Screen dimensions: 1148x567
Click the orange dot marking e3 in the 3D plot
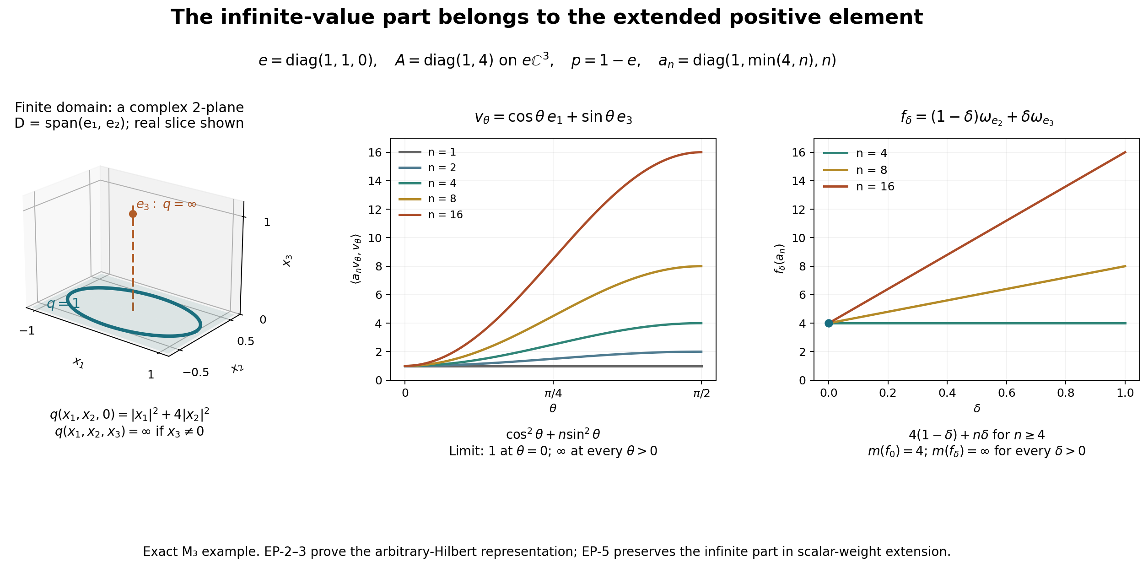[133, 214]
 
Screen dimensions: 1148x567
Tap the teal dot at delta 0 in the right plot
[829, 323]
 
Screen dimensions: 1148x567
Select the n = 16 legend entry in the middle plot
[431, 215]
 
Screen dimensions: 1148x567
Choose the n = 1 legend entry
[427, 152]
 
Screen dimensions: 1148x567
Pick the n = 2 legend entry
[427, 167]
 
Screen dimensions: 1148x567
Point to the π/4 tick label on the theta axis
[553, 394]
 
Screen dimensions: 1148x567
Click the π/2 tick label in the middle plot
[701, 394]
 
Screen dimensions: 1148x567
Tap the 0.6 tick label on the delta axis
[1007, 393]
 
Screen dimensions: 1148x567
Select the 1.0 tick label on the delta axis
[1125, 393]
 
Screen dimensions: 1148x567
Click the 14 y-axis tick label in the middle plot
[375, 181]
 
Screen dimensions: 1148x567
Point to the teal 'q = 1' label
[63, 303]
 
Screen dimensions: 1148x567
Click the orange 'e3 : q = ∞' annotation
[166, 205]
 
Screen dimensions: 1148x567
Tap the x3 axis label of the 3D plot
[287, 260]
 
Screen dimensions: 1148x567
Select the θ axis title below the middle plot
[553, 408]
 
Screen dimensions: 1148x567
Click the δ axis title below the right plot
[977, 408]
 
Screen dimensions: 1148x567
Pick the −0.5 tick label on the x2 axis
[196, 373]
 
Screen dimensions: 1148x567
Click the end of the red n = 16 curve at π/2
[701, 152]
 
